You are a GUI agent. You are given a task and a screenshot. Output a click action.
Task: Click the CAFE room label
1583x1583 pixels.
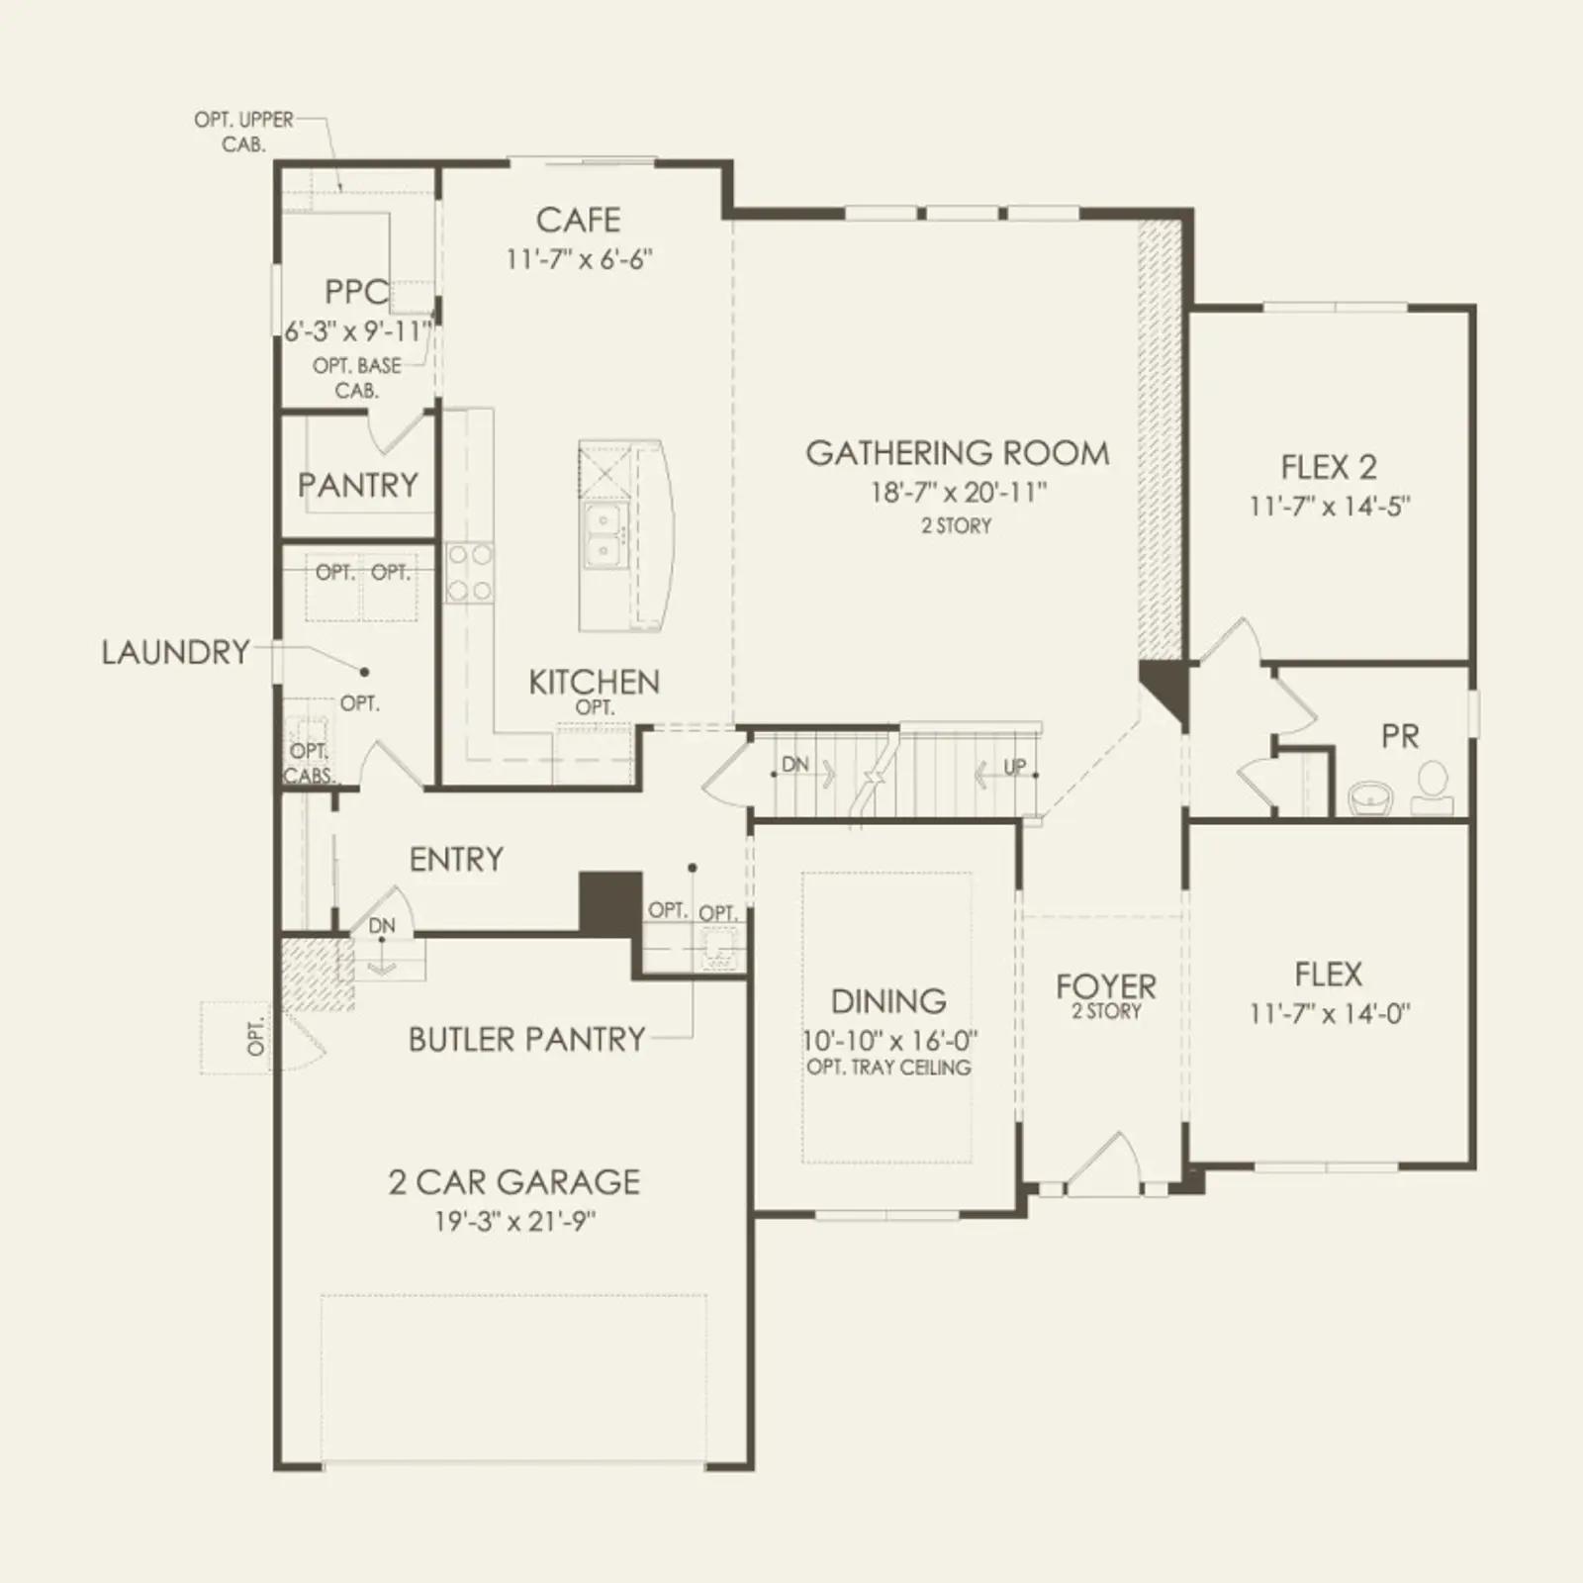pyautogui.click(x=578, y=220)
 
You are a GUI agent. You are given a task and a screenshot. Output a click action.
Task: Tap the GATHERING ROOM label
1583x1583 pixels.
pyautogui.click(x=957, y=453)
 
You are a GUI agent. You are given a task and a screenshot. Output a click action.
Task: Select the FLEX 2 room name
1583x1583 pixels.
pyautogui.click(x=1329, y=467)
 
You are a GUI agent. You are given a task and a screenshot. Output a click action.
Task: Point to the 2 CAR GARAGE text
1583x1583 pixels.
pyautogui.click(x=513, y=1181)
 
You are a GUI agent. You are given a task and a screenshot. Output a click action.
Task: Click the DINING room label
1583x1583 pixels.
pyautogui.click(x=888, y=1001)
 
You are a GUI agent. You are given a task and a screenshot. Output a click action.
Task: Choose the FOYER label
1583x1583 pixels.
pyautogui.click(x=1105, y=986)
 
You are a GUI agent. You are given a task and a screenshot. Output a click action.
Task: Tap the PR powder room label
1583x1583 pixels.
pyautogui.click(x=1400, y=736)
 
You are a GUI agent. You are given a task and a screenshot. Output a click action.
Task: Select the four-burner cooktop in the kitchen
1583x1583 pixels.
pyautogui.click(x=469, y=573)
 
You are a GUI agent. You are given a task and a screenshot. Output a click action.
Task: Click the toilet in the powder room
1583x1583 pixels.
pyautogui.click(x=1432, y=790)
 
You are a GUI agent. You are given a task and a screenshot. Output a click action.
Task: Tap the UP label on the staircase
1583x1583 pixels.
pyautogui.click(x=1015, y=766)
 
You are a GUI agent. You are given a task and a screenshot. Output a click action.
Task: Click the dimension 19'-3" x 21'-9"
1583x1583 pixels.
pyautogui.click(x=513, y=1222)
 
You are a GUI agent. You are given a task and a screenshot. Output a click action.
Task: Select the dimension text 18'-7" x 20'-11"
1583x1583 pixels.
pyautogui.click(x=957, y=492)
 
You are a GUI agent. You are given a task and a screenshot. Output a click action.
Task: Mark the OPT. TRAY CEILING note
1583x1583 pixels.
pyautogui.click(x=888, y=1068)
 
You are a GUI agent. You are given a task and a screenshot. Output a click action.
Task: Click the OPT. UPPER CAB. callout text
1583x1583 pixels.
pyautogui.click(x=243, y=132)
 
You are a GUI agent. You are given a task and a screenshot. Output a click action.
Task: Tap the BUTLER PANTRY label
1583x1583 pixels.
pyautogui.click(x=526, y=1039)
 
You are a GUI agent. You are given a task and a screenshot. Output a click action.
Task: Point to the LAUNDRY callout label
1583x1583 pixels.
pyautogui.click(x=176, y=652)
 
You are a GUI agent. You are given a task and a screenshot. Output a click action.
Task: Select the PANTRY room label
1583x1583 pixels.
pyautogui.click(x=358, y=485)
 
